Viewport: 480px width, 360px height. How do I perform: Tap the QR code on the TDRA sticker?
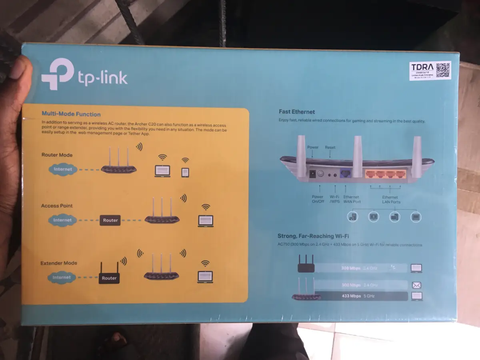(x=442, y=70)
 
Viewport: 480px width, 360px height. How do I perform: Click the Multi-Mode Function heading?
(x=71, y=114)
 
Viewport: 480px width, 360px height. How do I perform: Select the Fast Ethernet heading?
(x=297, y=112)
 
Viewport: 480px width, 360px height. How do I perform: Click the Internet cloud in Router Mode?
(x=62, y=169)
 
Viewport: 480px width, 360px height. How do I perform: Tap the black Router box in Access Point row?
(x=110, y=220)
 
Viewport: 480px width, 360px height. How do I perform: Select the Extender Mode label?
(x=59, y=263)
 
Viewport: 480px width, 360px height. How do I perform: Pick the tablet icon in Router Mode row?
(x=185, y=172)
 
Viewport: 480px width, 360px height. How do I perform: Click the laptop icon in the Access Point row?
(x=206, y=221)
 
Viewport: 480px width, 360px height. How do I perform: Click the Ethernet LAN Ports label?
(x=390, y=200)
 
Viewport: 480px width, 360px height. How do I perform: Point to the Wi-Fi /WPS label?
(x=334, y=200)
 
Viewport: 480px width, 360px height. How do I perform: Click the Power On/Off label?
(x=318, y=200)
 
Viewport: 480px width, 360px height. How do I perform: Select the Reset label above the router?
(x=330, y=148)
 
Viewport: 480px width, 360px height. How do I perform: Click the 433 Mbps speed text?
(x=351, y=296)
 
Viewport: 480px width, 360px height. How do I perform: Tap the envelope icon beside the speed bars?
(x=417, y=285)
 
